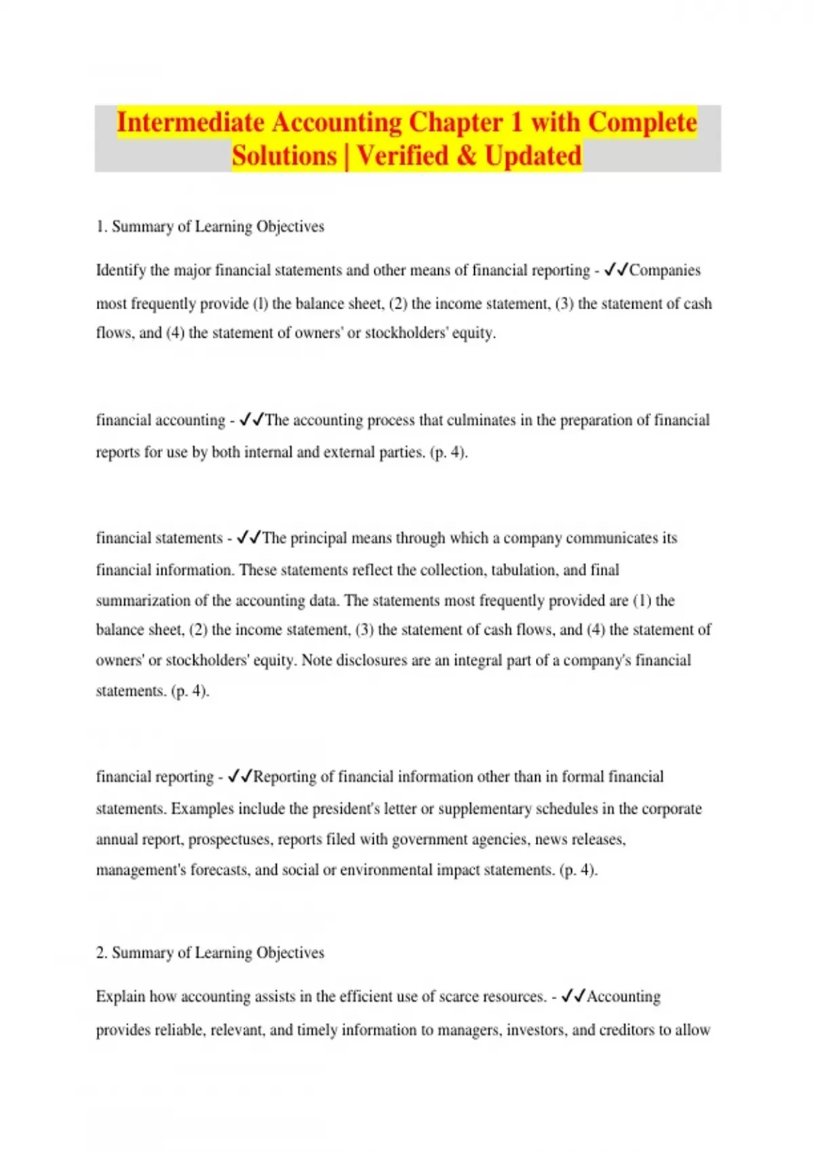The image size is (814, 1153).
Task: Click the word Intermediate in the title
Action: click(x=191, y=123)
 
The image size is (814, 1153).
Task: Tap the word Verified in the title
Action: click(x=402, y=156)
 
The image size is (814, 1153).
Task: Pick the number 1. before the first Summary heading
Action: click(x=102, y=227)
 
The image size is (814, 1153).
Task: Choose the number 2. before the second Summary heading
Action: click(x=102, y=953)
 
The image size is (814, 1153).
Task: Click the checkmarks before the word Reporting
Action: click(x=240, y=777)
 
